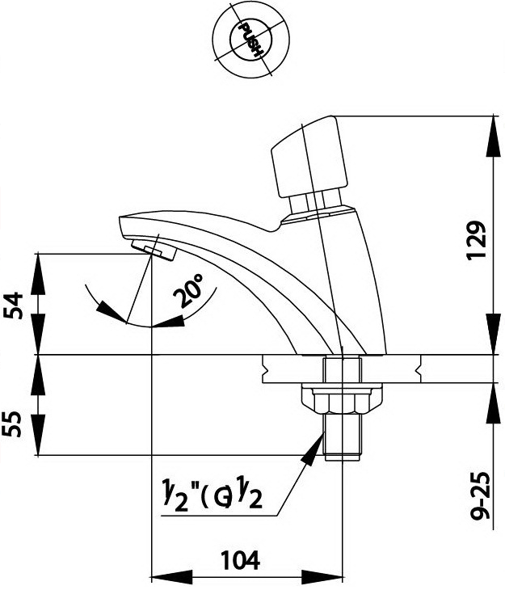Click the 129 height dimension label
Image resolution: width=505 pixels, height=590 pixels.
[x=478, y=239]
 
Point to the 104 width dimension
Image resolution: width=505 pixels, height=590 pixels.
[x=240, y=559]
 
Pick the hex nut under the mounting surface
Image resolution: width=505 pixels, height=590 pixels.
[x=340, y=399]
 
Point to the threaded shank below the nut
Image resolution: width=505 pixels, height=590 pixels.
[x=340, y=436]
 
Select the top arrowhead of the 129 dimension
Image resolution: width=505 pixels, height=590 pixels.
[x=493, y=129]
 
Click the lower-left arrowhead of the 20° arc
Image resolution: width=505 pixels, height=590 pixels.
[x=101, y=308]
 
